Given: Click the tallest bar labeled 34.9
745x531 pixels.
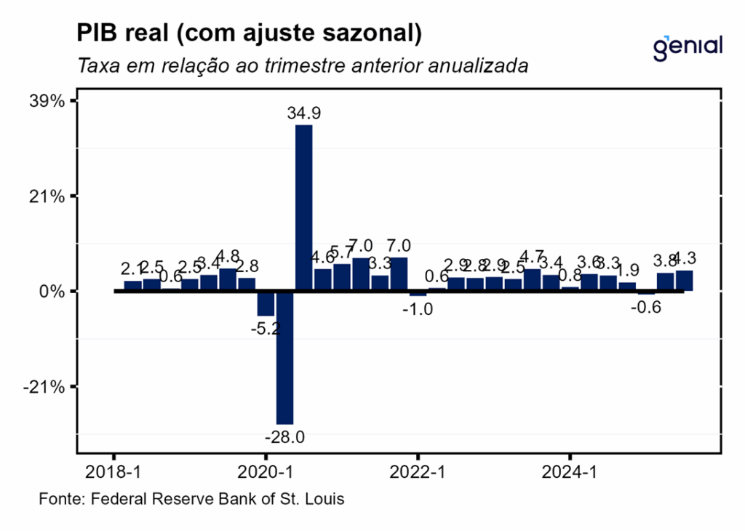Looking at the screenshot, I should [303, 207].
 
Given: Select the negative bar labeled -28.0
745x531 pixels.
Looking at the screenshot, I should [284, 357].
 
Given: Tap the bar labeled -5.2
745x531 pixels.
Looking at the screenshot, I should [266, 303].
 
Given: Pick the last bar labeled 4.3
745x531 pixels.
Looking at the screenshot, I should [684, 281].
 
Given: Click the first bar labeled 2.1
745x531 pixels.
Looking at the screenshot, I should [132, 286].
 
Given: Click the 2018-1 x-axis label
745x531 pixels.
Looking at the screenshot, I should [113, 472].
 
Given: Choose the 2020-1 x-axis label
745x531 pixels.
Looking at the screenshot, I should [266, 472].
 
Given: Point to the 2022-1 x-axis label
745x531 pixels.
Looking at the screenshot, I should [418, 472].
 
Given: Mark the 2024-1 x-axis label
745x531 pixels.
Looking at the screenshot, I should [570, 472].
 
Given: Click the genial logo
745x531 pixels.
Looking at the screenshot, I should [688, 47].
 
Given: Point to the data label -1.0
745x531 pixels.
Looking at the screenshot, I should [418, 309].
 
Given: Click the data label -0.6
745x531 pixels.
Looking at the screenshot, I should [645, 307].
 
